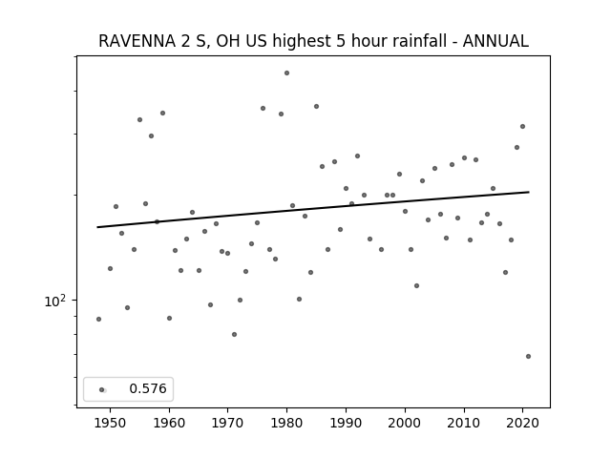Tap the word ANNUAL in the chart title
point(495,41)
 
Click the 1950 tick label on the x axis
point(111,423)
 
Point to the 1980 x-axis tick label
point(286,423)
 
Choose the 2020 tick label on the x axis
point(522,423)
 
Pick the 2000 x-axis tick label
point(405,423)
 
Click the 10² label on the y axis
point(55,302)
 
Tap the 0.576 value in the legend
point(148,388)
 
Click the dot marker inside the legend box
point(101,389)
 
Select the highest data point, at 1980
point(286,73)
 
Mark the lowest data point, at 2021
point(528,356)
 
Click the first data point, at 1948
point(98,319)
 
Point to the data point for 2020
point(522,126)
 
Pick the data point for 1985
point(316,106)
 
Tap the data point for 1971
point(234,334)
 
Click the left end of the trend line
point(97,227)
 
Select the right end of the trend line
point(529,192)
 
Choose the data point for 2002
point(416,285)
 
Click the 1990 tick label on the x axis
point(346,423)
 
